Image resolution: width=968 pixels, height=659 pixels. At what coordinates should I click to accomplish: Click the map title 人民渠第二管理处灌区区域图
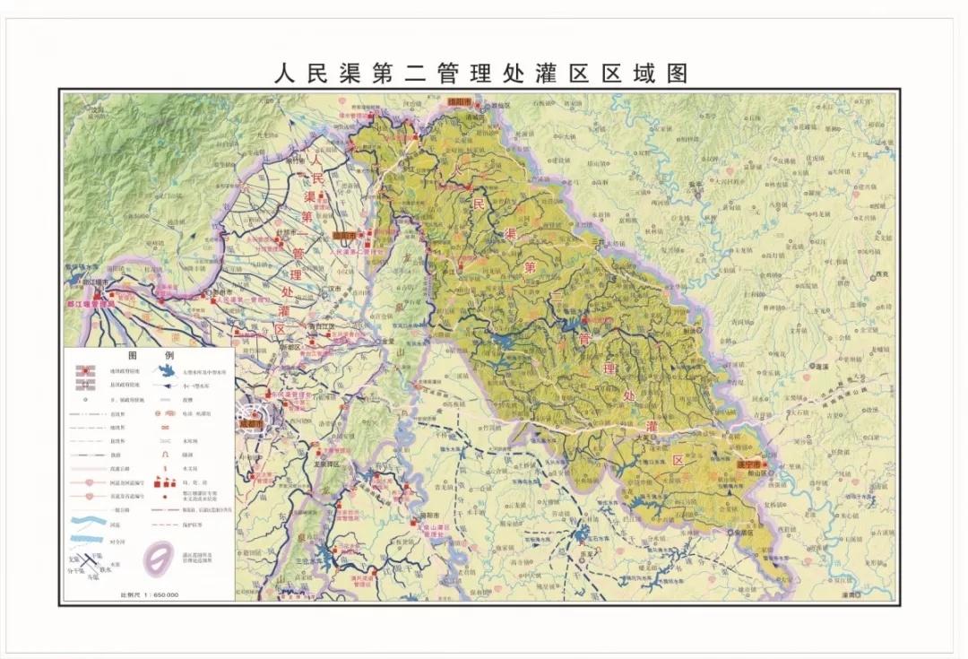coord(481,73)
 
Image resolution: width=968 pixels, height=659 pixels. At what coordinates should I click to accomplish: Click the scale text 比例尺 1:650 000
coord(150,594)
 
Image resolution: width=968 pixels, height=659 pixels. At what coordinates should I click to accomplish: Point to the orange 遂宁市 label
coord(748,465)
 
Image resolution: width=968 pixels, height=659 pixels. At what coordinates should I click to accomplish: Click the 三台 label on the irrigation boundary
coord(598,240)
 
